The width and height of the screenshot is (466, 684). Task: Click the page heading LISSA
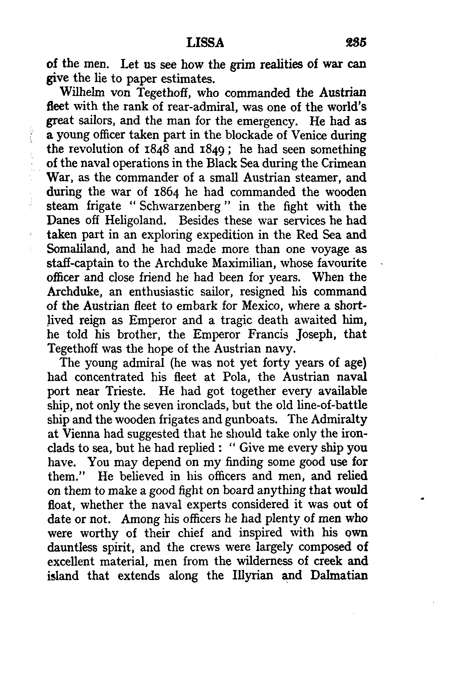(x=205, y=43)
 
